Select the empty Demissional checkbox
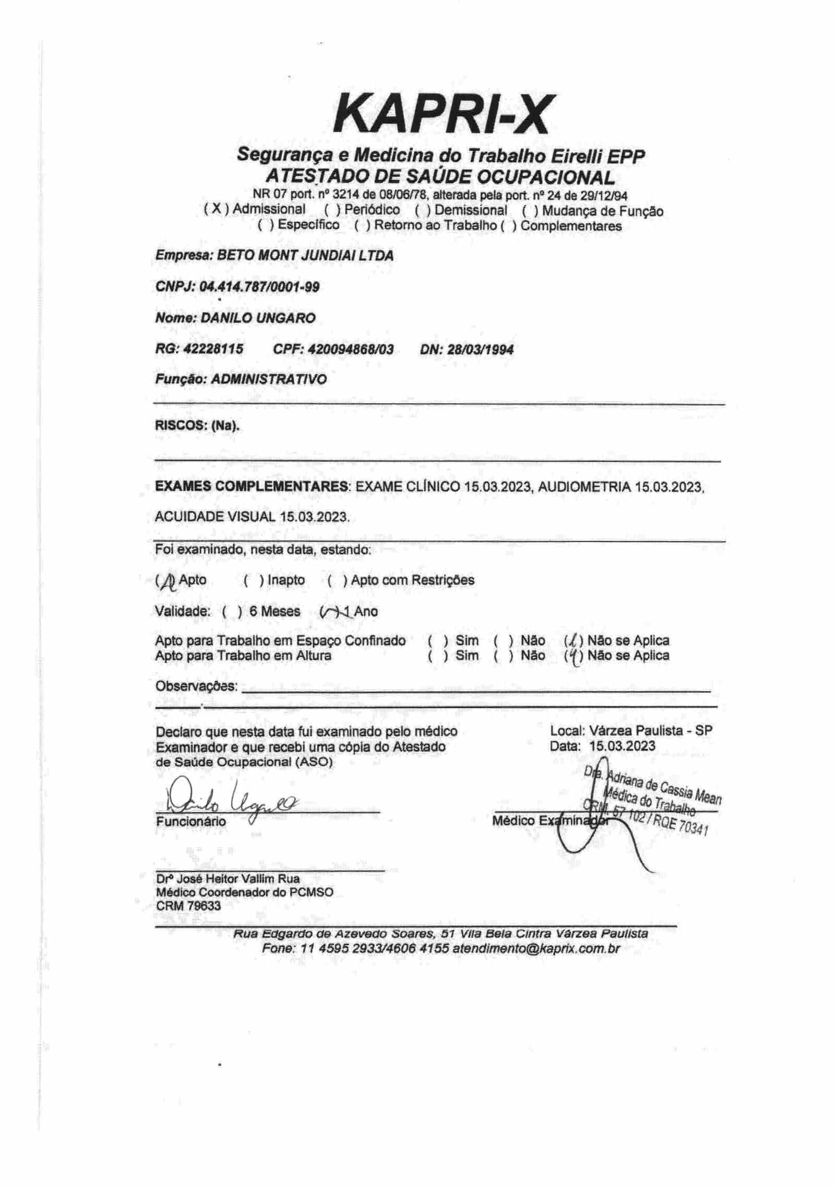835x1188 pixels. pyautogui.click(x=423, y=211)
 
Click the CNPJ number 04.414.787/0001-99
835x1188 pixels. pyautogui.click(x=259, y=287)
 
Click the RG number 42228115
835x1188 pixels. pyautogui.click(x=213, y=349)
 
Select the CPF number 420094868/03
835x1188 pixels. pyautogui.click(x=351, y=349)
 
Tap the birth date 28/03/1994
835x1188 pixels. pyautogui.click(x=480, y=349)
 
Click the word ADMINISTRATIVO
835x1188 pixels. pyautogui.click(x=269, y=379)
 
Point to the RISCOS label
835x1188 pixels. pyautogui.click(x=180, y=425)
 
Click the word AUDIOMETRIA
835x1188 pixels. pyautogui.click(x=584, y=487)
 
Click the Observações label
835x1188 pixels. pyautogui.click(x=196, y=686)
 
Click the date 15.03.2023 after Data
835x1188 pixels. pyautogui.click(x=622, y=746)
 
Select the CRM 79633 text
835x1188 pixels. pyautogui.click(x=188, y=905)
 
